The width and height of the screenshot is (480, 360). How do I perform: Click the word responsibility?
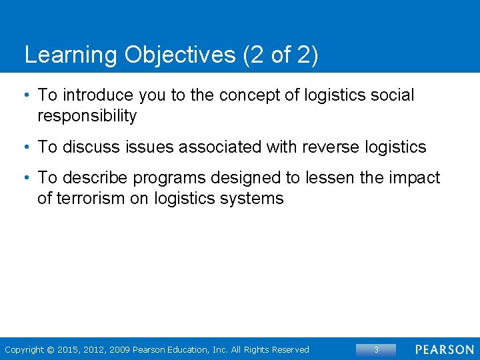[87, 116]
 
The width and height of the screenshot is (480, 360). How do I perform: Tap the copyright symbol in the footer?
[52, 350]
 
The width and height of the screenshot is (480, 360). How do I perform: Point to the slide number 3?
[376, 350]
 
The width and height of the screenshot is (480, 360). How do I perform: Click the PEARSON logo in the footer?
[444, 350]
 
